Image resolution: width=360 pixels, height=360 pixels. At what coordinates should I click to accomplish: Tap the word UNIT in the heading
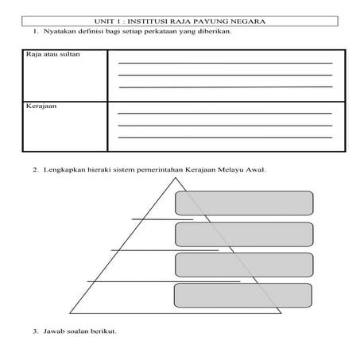tap(103, 21)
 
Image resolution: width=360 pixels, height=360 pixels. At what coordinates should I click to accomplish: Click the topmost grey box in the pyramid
tap(244, 203)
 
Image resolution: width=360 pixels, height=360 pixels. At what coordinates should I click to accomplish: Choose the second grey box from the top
tap(244, 234)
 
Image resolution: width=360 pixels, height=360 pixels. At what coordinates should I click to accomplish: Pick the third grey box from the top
tap(244, 265)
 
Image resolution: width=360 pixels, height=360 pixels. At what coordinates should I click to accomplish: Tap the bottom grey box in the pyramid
tap(244, 295)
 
